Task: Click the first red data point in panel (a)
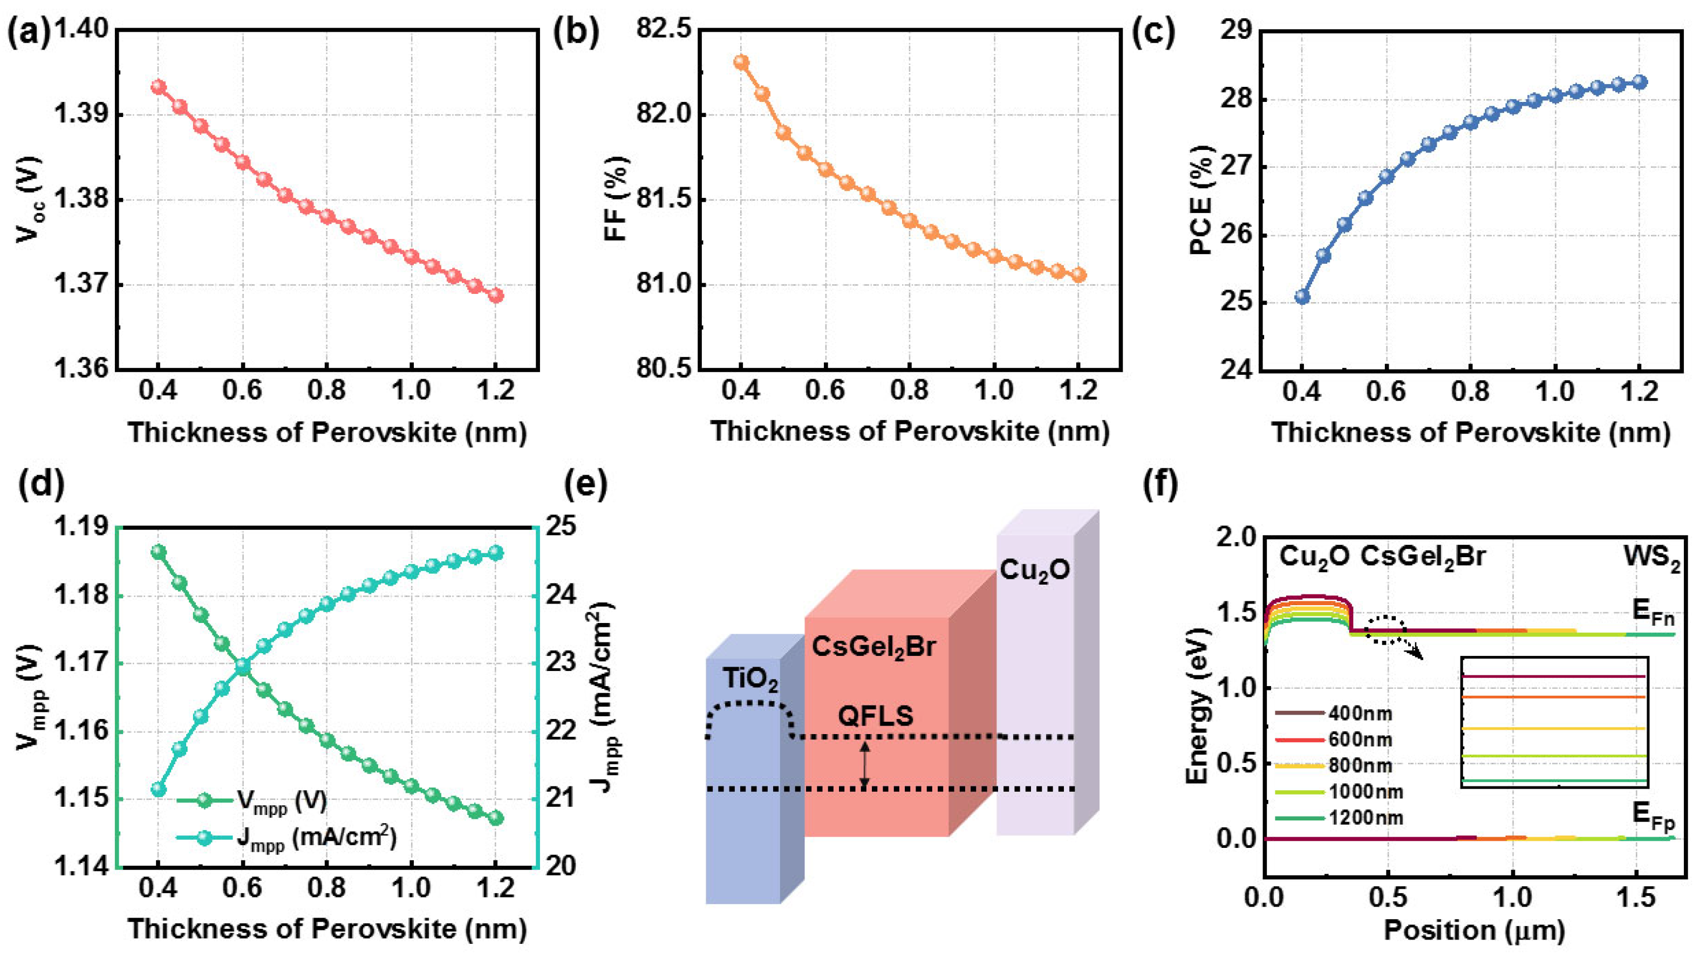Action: [159, 87]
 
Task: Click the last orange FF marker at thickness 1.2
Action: [1078, 275]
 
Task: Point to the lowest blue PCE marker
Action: [1302, 296]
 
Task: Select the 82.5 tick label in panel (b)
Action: [663, 30]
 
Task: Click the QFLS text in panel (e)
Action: [875, 716]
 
